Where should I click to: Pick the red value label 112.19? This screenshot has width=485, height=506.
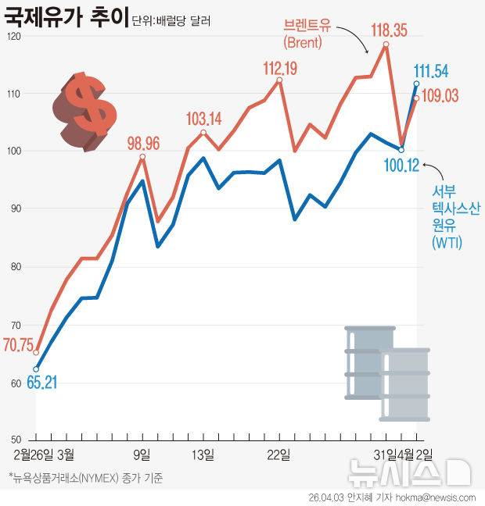(x=278, y=69)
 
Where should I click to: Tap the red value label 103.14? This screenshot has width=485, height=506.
(x=203, y=119)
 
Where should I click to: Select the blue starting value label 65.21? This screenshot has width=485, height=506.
(x=42, y=383)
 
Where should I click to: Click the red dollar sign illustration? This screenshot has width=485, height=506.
(x=84, y=111)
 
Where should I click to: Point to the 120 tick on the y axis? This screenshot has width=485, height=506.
(x=15, y=37)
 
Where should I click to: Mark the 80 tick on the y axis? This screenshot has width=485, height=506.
(x=15, y=266)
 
